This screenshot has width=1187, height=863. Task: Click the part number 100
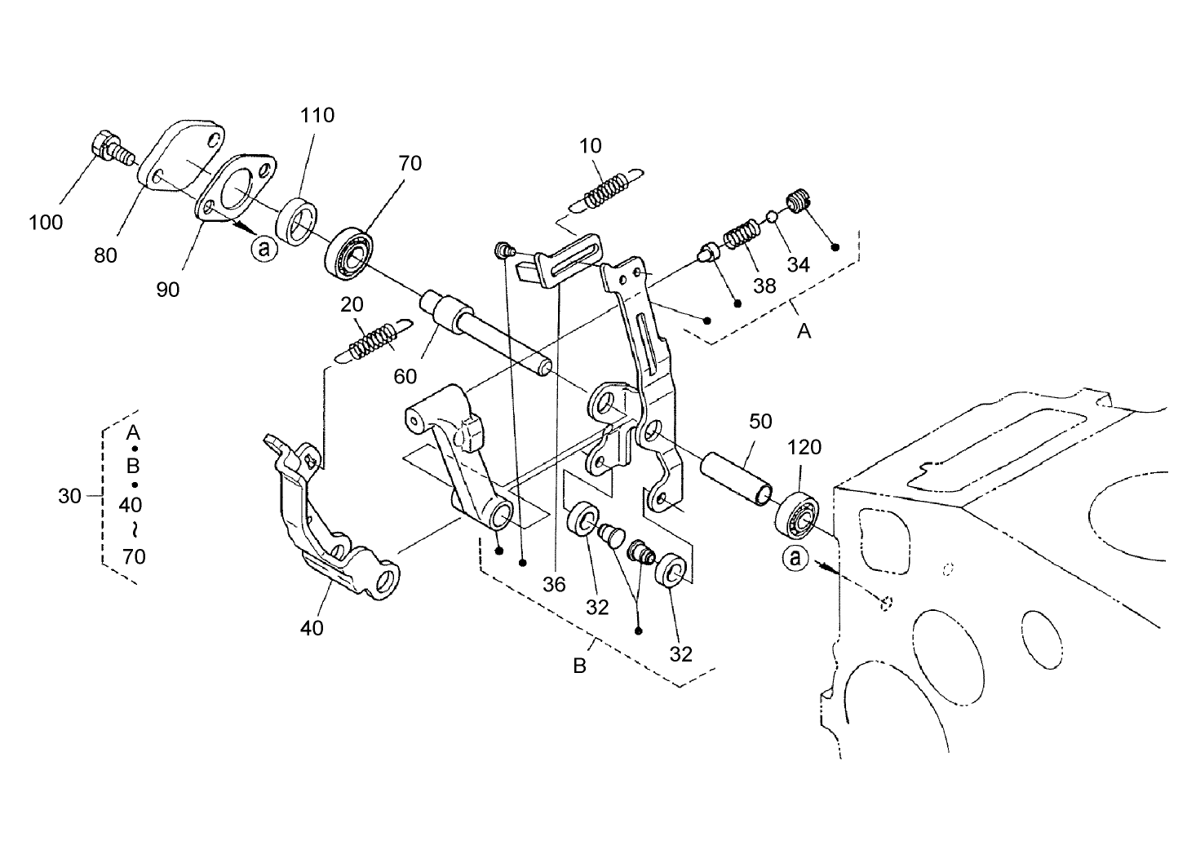[x=45, y=222]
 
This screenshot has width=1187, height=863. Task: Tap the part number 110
[x=317, y=115]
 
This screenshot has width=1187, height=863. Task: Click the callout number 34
[x=798, y=264]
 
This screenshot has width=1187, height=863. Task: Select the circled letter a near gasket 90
[x=263, y=247]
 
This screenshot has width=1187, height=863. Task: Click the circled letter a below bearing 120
[x=795, y=558]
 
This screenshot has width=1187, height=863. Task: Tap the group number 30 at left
[x=70, y=495]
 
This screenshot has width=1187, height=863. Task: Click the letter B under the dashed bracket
[x=579, y=666]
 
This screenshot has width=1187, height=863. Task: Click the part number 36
[x=554, y=584]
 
